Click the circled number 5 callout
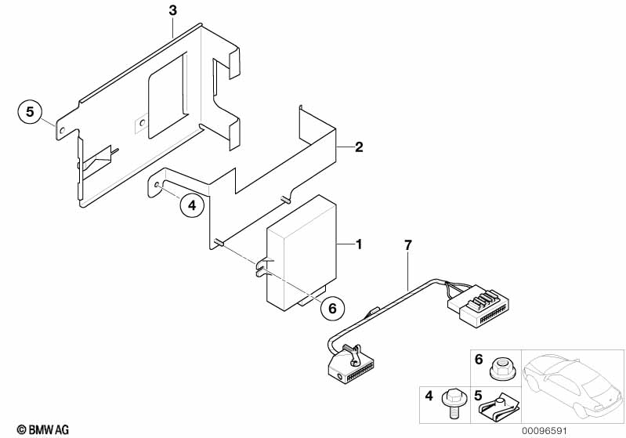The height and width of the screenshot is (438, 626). click(x=30, y=113)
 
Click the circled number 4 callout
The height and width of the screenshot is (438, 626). click(x=191, y=205)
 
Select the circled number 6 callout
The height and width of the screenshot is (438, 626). click(x=331, y=309)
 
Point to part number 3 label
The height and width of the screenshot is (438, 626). click(x=173, y=10)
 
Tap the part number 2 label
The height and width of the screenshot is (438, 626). click(x=359, y=147)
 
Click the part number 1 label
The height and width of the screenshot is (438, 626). click(x=359, y=245)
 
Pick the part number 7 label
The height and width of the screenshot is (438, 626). click(x=407, y=245)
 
